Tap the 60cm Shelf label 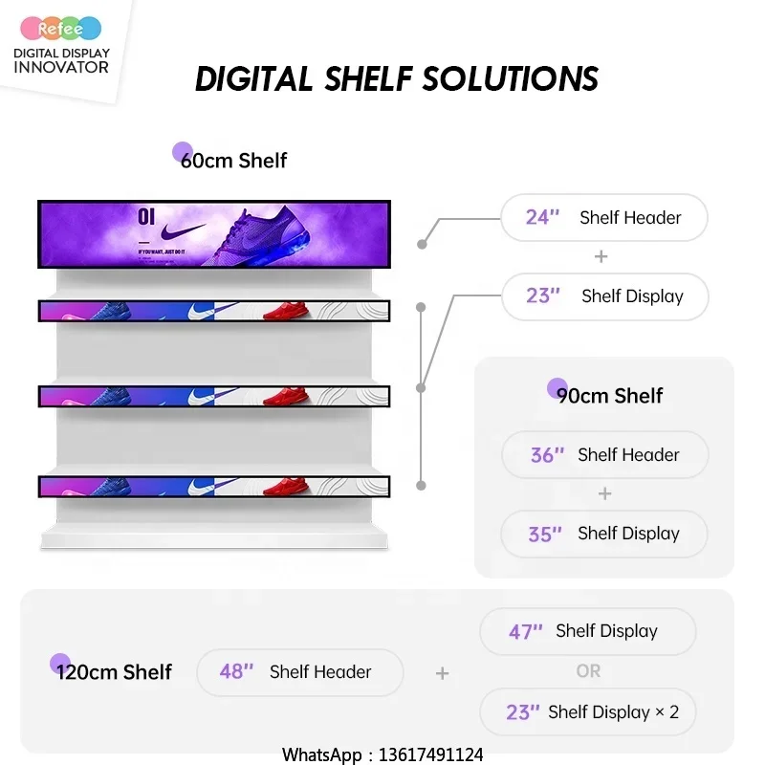click(233, 160)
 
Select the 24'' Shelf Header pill click(603, 217)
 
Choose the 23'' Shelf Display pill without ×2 click(604, 295)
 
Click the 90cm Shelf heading click(609, 395)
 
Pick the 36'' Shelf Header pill click(604, 455)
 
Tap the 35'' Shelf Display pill click(604, 534)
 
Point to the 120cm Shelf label click(113, 671)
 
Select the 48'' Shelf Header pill click(299, 671)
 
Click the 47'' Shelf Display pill click(587, 631)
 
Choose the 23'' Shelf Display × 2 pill click(587, 711)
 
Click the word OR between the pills click(588, 671)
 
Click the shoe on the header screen click(268, 233)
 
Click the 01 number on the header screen click(145, 216)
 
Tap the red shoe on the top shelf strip click(290, 311)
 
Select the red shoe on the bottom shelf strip click(290, 487)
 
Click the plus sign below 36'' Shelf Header click(604, 493)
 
